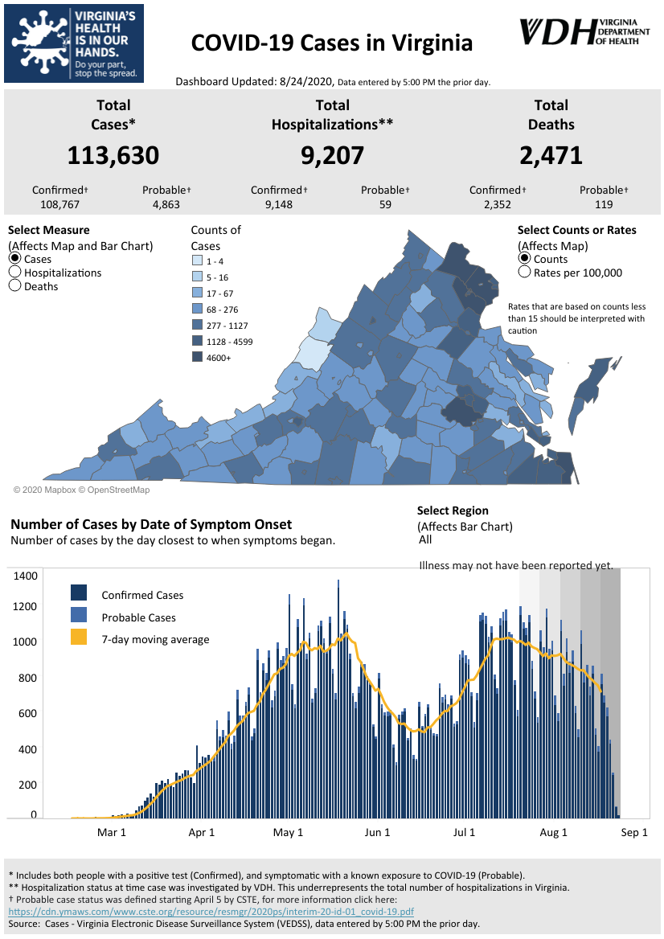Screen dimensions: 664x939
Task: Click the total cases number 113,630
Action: coord(113,156)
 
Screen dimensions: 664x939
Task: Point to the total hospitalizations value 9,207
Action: coord(332,156)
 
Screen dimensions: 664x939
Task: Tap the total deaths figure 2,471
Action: coord(551,156)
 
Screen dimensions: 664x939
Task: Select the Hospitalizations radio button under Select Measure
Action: coord(15,272)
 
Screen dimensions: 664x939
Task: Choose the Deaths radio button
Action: coord(15,285)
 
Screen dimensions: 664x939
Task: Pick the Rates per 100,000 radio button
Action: coord(524,272)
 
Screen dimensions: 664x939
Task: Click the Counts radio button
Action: coord(524,258)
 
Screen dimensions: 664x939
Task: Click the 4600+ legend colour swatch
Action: coord(197,357)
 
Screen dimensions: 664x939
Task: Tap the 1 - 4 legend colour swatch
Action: coord(197,260)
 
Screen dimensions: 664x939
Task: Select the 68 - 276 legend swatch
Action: coord(197,309)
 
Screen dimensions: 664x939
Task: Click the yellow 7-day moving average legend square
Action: coord(79,638)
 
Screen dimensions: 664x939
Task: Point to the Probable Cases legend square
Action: coord(79,615)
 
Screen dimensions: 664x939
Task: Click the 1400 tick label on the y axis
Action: coord(25,576)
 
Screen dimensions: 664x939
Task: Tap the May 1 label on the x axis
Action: coord(288,832)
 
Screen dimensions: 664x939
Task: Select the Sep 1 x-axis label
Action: coord(634,832)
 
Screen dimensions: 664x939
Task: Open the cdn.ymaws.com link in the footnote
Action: coord(211,912)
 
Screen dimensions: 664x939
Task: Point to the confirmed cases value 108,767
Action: coord(59,204)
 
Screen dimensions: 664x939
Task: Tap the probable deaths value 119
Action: coord(604,204)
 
